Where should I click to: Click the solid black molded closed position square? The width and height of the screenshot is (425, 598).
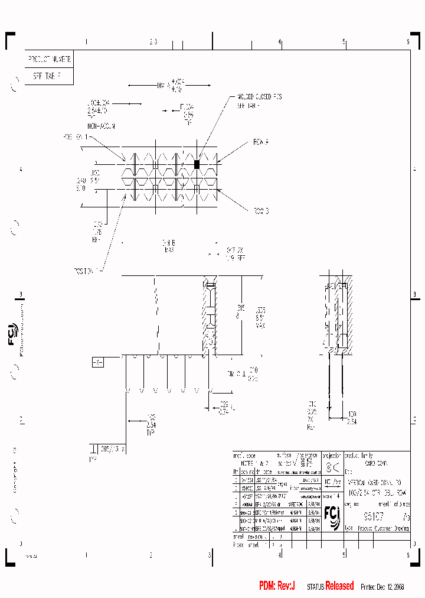click(x=197, y=164)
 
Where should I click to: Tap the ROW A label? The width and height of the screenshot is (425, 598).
click(x=260, y=142)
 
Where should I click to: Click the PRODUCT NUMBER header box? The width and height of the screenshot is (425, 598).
click(x=49, y=60)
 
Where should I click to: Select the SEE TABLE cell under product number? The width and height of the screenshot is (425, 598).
click(x=49, y=76)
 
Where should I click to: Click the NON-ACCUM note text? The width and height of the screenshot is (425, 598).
click(x=101, y=126)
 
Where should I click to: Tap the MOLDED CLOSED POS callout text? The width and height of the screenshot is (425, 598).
click(x=259, y=97)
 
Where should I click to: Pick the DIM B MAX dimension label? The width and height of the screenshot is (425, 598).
click(x=169, y=246)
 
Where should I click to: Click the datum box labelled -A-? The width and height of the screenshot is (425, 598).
click(x=97, y=362)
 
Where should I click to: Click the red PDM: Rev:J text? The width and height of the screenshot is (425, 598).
click(x=277, y=586)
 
